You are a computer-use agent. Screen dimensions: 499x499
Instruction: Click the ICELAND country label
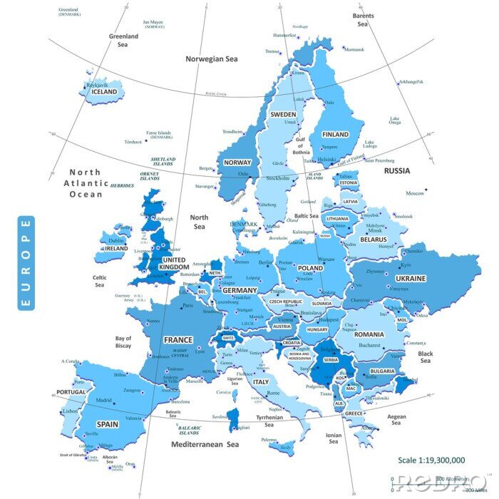[x=104, y=92]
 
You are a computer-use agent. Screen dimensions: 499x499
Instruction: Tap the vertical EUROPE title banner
[x=26, y=263]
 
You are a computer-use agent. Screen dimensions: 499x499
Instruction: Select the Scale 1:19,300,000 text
[x=431, y=461]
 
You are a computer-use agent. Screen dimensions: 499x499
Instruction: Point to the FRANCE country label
[x=178, y=340]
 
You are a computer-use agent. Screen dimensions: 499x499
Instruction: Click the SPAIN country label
[x=108, y=423]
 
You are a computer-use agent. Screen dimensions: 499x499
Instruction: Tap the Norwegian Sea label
[x=212, y=59]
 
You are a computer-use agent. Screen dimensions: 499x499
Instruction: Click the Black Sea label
[x=426, y=357]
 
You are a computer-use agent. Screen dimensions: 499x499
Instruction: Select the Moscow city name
[x=415, y=193]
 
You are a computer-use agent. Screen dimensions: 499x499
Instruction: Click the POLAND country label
[x=311, y=268]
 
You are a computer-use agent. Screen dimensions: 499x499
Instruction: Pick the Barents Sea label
[x=363, y=20]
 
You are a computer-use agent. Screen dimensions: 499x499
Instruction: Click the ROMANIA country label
[x=369, y=334]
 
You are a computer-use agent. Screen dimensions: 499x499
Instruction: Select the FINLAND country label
[x=335, y=134]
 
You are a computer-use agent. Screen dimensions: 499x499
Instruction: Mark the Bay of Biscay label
[x=123, y=342]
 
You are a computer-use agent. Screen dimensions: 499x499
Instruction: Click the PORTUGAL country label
[x=71, y=393]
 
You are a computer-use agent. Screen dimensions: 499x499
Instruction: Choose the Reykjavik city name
[x=96, y=85]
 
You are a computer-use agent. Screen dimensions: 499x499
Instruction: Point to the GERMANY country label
[x=240, y=291]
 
